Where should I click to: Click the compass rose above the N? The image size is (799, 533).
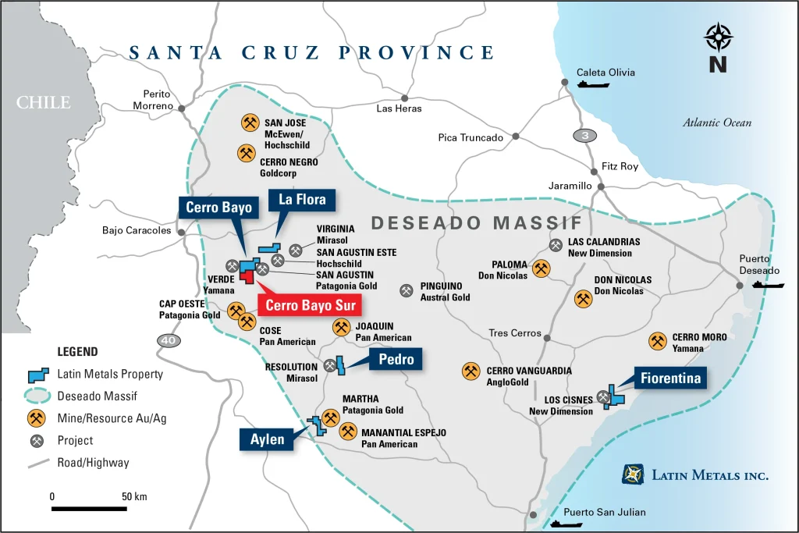coord(718,37)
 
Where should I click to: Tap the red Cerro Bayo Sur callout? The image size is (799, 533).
coord(307,305)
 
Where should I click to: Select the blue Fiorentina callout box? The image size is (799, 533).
coord(669,378)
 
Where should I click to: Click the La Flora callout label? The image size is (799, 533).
coord(302,201)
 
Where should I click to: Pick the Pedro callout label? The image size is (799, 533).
coord(396,359)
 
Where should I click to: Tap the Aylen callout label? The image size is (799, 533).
coord(268,440)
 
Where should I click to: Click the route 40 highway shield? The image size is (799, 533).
coord(167,340)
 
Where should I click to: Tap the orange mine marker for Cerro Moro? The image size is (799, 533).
coord(658,341)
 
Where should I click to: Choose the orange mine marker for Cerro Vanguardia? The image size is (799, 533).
coord(471,371)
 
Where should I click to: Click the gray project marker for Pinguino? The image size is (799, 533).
coord(407,290)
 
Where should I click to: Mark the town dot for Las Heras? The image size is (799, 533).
coord(404,98)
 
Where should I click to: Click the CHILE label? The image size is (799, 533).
coord(44,102)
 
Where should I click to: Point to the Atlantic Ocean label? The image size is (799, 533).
coord(717,123)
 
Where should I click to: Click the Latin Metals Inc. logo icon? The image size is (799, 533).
coord(633,474)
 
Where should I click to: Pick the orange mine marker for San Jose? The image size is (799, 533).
coord(250,123)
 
